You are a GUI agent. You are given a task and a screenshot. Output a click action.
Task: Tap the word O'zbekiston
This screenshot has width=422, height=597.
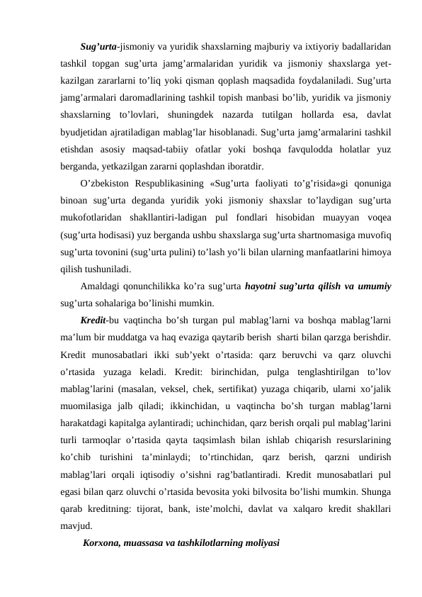click(x=108, y=186)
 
